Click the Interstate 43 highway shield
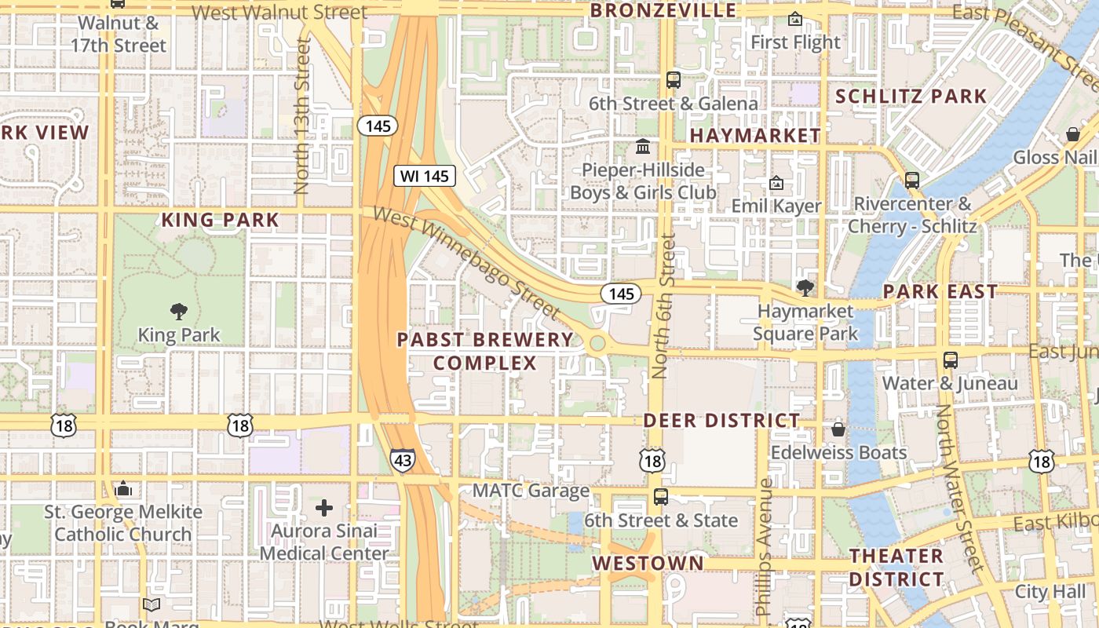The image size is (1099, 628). coord(403,460)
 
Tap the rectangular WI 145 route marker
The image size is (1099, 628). coord(425,176)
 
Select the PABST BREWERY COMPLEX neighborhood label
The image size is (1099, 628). coord(485,351)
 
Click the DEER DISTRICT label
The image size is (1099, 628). coord(721,421)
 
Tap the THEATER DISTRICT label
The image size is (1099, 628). coord(896,568)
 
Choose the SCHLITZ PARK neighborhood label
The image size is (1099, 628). coord(911,97)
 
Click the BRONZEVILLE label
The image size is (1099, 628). coord(663,10)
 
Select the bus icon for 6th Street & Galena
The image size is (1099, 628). coord(674,79)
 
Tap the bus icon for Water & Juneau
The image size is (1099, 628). coord(951,360)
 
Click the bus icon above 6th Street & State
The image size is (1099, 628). coord(661,496)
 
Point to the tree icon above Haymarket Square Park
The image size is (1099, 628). coord(805,288)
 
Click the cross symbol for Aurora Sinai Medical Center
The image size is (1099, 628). coord(324,508)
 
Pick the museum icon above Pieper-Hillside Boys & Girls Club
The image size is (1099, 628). coord(643,147)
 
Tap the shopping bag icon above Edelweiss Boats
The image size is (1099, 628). coord(838,429)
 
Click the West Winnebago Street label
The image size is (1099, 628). coord(466,262)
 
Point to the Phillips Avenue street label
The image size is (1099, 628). coord(764,546)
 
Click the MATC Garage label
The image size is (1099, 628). coord(531,491)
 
